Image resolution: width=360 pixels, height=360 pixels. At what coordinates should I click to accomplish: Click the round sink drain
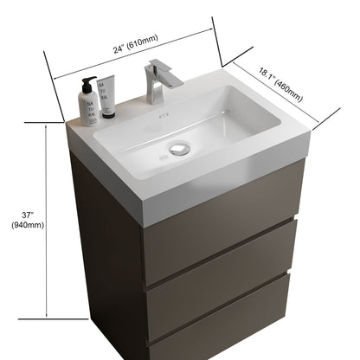pyautogui.click(x=180, y=149)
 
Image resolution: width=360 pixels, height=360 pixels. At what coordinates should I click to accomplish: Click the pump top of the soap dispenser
pyautogui.click(x=87, y=80)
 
